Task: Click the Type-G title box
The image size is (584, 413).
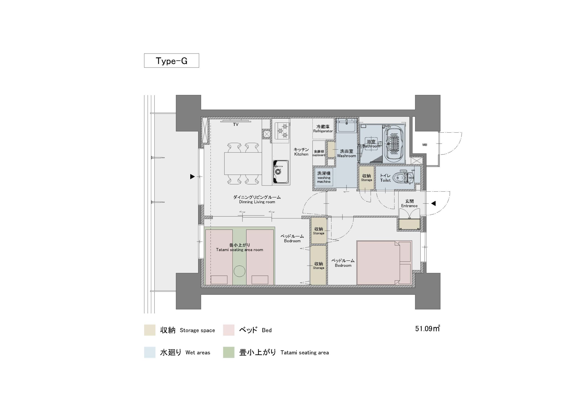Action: (x=171, y=60)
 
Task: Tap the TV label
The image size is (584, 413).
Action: (x=236, y=125)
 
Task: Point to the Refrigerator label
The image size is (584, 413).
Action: (x=323, y=131)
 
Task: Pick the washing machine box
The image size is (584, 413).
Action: (x=323, y=177)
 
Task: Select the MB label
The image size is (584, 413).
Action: (x=425, y=145)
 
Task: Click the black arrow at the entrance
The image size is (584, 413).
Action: (x=433, y=203)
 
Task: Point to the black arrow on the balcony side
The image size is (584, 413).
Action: (x=193, y=176)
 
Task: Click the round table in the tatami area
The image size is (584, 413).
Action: (x=239, y=271)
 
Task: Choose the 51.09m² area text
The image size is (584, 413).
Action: (x=428, y=328)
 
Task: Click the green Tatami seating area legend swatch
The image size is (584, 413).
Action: (x=229, y=352)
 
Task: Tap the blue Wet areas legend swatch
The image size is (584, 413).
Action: (x=150, y=352)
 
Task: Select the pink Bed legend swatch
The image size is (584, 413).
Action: (x=229, y=330)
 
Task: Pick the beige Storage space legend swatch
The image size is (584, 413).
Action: (x=150, y=330)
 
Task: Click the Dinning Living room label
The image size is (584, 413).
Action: (x=257, y=202)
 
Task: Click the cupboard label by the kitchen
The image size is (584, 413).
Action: (x=319, y=155)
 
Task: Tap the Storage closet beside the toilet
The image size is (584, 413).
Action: (x=367, y=178)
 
